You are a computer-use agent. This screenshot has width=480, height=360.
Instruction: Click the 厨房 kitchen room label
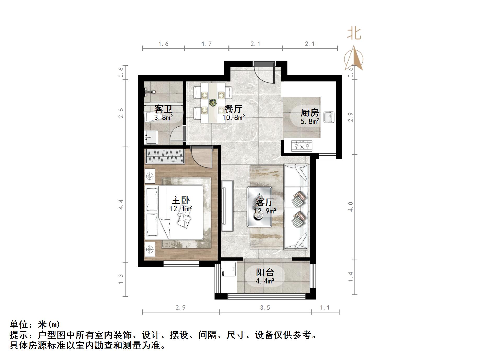tap(310, 113)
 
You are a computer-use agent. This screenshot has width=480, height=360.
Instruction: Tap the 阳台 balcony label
tap(265, 272)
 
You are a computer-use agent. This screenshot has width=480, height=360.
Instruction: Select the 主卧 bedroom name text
tap(181, 200)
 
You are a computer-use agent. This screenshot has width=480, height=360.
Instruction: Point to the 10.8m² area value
tap(234, 118)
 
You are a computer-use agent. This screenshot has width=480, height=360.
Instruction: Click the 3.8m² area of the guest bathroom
tap(163, 118)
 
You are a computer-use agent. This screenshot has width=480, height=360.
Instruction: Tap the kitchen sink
tap(329, 117)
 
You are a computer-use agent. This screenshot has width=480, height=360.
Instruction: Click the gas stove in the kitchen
tap(302, 146)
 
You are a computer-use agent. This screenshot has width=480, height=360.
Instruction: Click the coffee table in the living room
tap(259, 206)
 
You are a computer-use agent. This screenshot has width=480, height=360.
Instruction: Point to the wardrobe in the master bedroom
tap(164, 156)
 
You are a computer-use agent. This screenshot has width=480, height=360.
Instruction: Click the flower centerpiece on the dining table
tap(213, 102)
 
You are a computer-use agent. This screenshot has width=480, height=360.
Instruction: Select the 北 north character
tap(354, 34)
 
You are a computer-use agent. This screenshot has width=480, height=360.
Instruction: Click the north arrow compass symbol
tap(354, 59)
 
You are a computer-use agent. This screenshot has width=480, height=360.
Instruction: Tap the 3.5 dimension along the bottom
tap(265, 308)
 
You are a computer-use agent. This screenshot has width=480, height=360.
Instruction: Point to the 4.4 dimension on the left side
tap(121, 204)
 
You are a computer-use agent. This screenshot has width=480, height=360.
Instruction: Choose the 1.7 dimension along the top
tap(206, 44)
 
